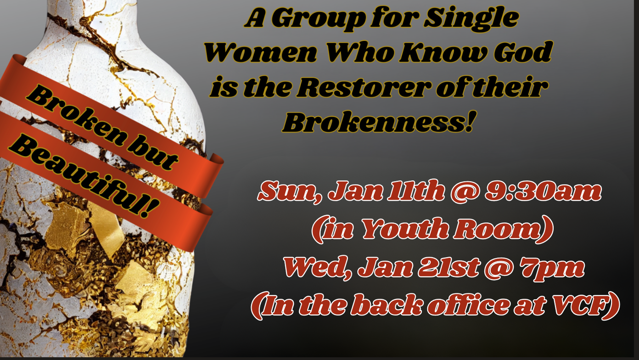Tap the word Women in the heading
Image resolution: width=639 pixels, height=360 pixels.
[261, 52]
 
